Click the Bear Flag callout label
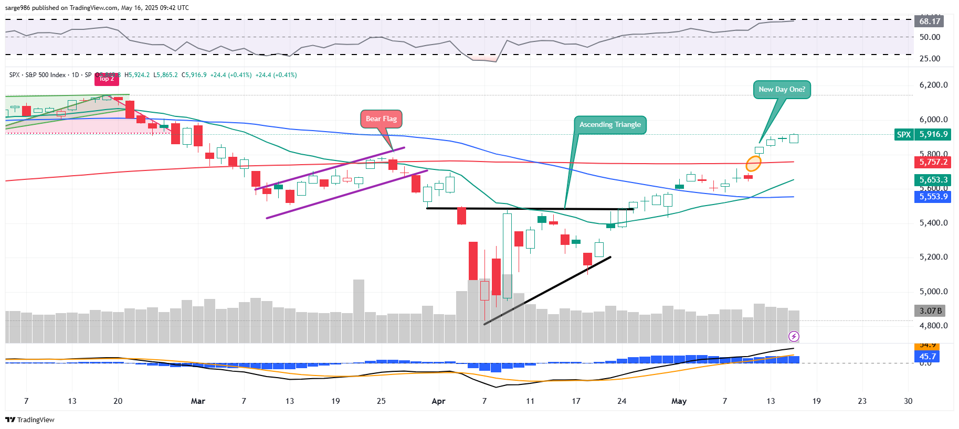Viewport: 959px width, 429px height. tap(381, 119)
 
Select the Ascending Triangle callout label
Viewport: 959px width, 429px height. tap(610, 125)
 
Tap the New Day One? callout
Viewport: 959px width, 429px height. tap(782, 90)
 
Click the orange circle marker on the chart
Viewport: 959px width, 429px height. tap(753, 164)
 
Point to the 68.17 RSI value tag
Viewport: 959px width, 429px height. tap(929, 22)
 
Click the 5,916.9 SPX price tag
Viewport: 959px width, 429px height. tap(933, 134)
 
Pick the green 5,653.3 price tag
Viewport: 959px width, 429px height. tap(933, 180)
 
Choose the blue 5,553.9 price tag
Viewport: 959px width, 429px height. tap(933, 197)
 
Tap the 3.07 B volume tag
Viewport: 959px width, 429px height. tap(931, 311)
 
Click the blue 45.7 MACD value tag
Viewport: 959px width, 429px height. tap(927, 357)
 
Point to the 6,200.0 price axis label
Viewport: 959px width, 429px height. tap(933, 85)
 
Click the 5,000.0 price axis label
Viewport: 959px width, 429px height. tap(933, 292)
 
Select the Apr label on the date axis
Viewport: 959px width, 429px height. tap(438, 401)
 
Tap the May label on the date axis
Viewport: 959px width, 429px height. tap(679, 401)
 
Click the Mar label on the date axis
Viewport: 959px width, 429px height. tap(198, 401)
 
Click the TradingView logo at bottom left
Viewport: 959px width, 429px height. tap(30, 420)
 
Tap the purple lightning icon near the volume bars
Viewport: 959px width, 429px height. tap(794, 336)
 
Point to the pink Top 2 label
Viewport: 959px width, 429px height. tap(107, 79)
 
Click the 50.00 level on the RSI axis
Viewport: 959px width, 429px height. tap(930, 37)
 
